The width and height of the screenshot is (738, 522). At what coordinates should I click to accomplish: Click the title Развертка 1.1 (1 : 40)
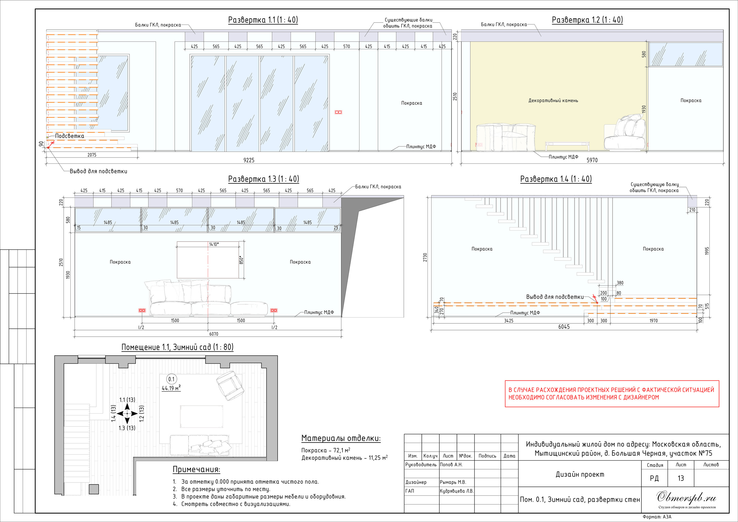tap(263, 20)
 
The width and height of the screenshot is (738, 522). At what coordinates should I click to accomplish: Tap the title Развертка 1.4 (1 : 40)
tap(556, 179)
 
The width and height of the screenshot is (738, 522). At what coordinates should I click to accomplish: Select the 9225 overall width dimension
tap(249, 160)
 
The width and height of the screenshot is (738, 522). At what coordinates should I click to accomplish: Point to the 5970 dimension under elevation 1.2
tap(592, 160)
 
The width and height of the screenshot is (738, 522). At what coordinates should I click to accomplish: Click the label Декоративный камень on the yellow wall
tap(553, 101)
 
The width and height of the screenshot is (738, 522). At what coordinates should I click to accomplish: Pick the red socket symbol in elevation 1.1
tap(338, 112)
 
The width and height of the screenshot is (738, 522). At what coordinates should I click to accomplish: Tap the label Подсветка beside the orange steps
tap(69, 136)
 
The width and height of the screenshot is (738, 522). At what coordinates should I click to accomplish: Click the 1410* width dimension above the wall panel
tap(214, 244)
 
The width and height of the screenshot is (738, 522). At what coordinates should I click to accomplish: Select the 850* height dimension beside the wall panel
tap(241, 260)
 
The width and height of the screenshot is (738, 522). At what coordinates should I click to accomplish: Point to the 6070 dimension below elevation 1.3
tap(214, 334)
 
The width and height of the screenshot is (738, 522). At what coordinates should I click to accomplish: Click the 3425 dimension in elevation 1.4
tap(509, 321)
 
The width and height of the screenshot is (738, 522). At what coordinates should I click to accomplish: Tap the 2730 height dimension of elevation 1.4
tap(425, 257)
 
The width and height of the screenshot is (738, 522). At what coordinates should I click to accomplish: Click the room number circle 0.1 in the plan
tap(172, 379)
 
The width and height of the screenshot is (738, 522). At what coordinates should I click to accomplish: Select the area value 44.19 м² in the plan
tap(171, 388)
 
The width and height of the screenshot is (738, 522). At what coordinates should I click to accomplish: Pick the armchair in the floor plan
tap(230, 386)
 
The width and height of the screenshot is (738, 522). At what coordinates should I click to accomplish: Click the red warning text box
tap(612, 394)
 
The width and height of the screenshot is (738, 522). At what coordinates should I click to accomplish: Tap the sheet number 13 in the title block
tap(681, 478)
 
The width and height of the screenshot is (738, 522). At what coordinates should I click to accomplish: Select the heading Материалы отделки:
tap(341, 438)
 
